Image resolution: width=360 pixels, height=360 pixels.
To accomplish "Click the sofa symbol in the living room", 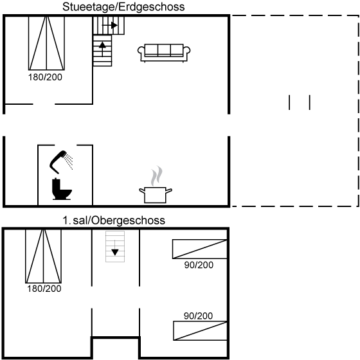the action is (x=164, y=53).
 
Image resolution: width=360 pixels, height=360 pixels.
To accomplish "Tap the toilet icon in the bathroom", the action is (x=62, y=189).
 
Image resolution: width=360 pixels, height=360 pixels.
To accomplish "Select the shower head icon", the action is (x=60, y=161).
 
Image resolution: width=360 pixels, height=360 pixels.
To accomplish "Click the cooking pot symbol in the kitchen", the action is (x=156, y=195).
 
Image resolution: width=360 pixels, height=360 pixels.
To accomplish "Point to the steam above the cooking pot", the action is (x=157, y=175).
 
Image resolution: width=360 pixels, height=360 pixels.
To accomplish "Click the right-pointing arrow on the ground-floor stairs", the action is (x=110, y=25).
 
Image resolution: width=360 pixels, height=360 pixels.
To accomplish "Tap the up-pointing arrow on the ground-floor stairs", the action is (x=102, y=49).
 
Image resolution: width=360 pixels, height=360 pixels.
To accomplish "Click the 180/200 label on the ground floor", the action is (x=45, y=77).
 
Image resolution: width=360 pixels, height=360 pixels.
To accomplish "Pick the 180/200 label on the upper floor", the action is (x=44, y=289).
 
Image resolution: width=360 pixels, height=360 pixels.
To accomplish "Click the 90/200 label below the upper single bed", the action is (x=199, y=265).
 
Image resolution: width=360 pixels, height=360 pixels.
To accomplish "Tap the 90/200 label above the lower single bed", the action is (x=198, y=316).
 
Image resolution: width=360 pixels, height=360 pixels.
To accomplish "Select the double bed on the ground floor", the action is (x=46, y=43).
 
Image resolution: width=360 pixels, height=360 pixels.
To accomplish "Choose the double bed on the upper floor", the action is (x=44, y=256).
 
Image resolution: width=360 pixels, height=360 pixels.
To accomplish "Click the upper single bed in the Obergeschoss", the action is (x=200, y=249).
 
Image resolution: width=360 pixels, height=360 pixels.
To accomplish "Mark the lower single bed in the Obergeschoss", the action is (x=200, y=330).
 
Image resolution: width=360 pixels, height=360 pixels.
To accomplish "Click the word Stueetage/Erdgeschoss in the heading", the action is (x=123, y=7).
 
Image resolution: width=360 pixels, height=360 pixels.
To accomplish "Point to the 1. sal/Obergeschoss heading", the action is (x=114, y=221).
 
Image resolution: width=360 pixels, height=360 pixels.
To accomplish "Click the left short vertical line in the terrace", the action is (x=289, y=102).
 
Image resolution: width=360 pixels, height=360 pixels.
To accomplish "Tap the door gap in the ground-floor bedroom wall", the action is (x=44, y=104).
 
